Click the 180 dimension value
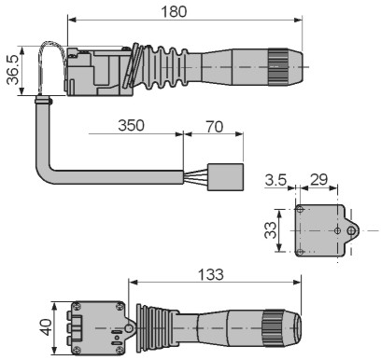[x=174, y=12]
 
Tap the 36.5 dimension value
[x=13, y=70]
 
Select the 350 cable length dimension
[x=131, y=125]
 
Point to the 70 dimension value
[x=215, y=127]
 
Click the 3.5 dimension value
[x=275, y=180]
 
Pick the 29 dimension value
[x=319, y=180]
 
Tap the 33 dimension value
[x=270, y=230]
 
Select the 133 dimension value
[x=211, y=274]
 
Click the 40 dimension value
[x=47, y=327]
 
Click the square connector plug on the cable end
[x=225, y=177]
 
